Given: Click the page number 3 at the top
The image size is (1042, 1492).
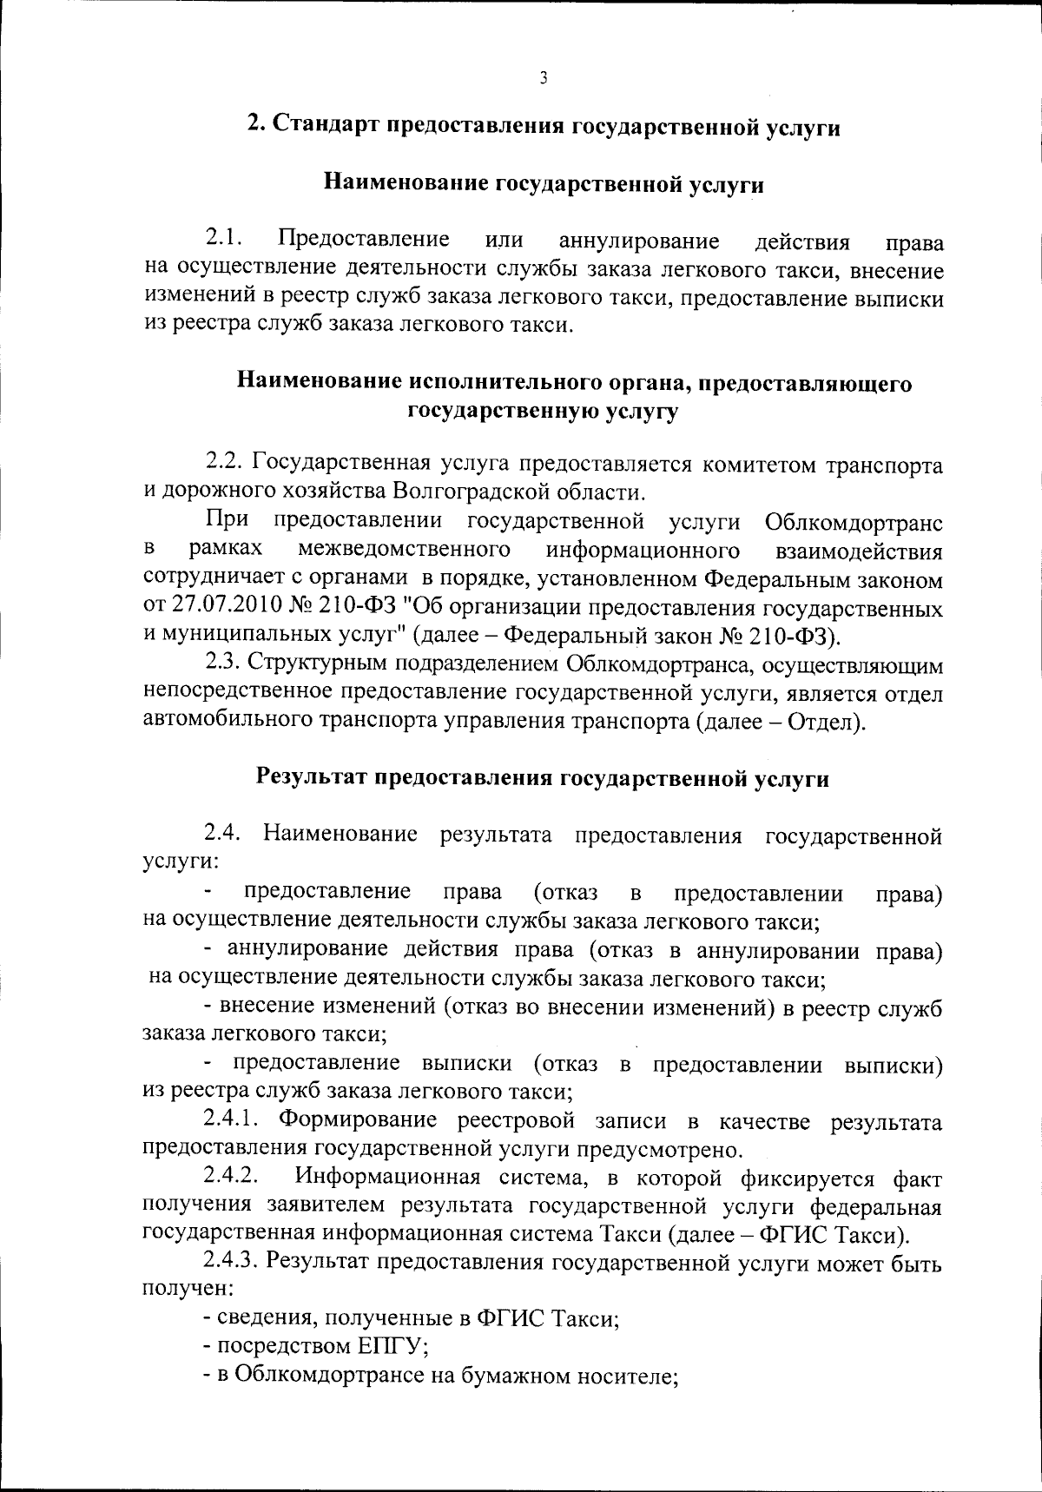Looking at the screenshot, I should [x=544, y=78].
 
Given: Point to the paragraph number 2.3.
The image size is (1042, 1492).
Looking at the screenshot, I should [x=222, y=663].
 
